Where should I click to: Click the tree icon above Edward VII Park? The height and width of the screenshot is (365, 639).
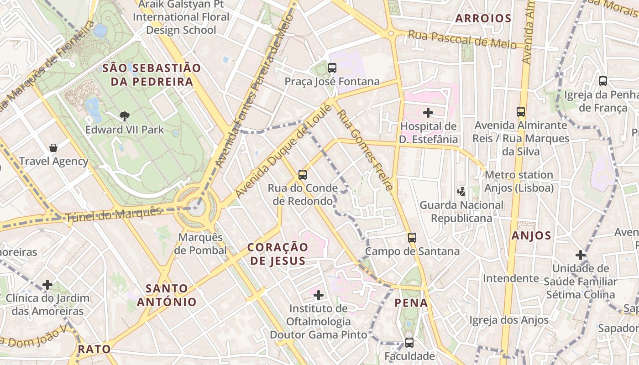[124, 116]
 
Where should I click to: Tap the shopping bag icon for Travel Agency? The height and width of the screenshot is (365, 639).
[53, 148]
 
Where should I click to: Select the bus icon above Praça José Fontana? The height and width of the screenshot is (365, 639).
[332, 68]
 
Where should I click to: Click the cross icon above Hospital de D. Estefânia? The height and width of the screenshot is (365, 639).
[428, 112]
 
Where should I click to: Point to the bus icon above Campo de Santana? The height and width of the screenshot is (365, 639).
[412, 237]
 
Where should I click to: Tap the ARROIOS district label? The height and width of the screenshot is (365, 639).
[483, 18]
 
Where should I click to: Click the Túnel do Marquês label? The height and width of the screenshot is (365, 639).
[114, 214]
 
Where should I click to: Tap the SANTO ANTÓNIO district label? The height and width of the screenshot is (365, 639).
[167, 295]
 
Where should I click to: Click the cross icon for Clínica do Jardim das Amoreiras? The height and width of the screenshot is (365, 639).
[47, 285]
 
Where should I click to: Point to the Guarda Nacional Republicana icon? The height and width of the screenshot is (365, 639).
[461, 191]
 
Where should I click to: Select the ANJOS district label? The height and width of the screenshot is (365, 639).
[531, 235]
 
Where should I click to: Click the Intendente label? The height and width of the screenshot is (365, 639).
[511, 278]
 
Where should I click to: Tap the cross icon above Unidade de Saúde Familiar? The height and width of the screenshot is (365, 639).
[580, 255]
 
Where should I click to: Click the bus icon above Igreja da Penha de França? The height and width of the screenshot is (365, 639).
[603, 81]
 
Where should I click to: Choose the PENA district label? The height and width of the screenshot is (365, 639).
[411, 302]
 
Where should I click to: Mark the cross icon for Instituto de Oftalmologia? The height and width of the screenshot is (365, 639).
[319, 295]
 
